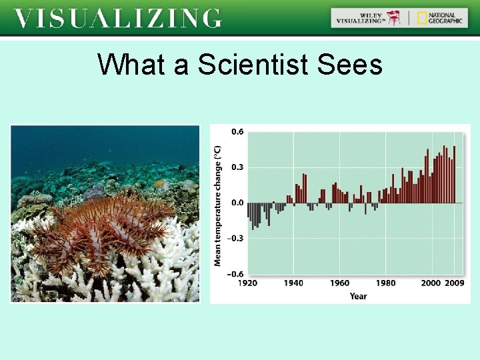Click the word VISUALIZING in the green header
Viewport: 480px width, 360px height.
tap(117, 18)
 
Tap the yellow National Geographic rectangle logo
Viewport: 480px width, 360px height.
tap(422, 18)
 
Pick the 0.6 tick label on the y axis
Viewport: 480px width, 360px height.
tap(237, 131)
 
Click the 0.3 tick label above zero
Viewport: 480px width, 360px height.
tap(237, 167)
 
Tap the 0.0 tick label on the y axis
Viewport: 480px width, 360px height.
tap(237, 203)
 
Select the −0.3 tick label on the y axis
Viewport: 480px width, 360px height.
tap(235, 238)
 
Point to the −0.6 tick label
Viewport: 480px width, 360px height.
tap(235, 274)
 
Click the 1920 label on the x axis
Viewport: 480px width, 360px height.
tap(247, 283)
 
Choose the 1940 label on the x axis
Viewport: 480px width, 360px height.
tap(293, 283)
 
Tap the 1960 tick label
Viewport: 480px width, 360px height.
tap(339, 283)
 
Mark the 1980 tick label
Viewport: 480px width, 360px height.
tap(385, 283)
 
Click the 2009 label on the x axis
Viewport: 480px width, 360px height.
tap(454, 283)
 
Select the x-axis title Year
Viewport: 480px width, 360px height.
tap(358, 296)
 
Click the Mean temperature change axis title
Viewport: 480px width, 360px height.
tap(218, 206)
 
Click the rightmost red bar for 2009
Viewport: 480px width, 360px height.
tap(455, 174)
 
